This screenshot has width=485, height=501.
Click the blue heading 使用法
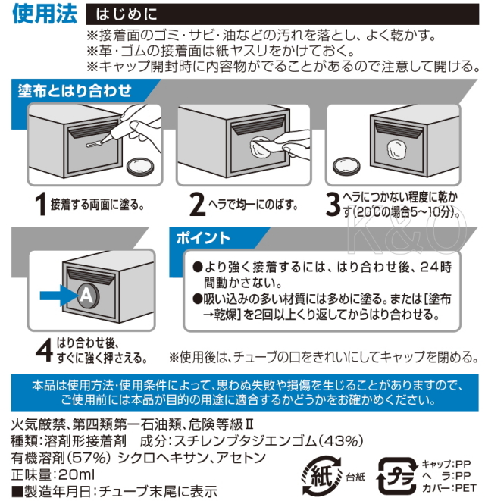[x=45, y=14]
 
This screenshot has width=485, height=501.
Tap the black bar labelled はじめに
[x=282, y=14]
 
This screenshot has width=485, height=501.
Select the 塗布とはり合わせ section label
[x=74, y=91]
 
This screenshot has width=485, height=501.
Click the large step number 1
[x=41, y=204]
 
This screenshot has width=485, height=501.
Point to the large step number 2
[x=197, y=205]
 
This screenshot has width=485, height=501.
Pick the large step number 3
[x=333, y=205]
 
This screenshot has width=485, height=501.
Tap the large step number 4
[x=45, y=350]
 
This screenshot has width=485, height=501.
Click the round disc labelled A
[x=87, y=296]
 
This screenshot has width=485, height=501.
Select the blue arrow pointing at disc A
[x=58, y=296]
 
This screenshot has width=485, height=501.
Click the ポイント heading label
[x=203, y=238]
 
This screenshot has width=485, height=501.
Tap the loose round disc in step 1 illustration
[x=140, y=167]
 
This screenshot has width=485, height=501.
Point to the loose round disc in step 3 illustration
[x=346, y=166]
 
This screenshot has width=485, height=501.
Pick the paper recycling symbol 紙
[x=322, y=477]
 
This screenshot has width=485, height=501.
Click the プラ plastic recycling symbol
[x=397, y=477]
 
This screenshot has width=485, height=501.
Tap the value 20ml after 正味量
[x=77, y=474]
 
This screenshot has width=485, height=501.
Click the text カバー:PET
[x=449, y=488]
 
